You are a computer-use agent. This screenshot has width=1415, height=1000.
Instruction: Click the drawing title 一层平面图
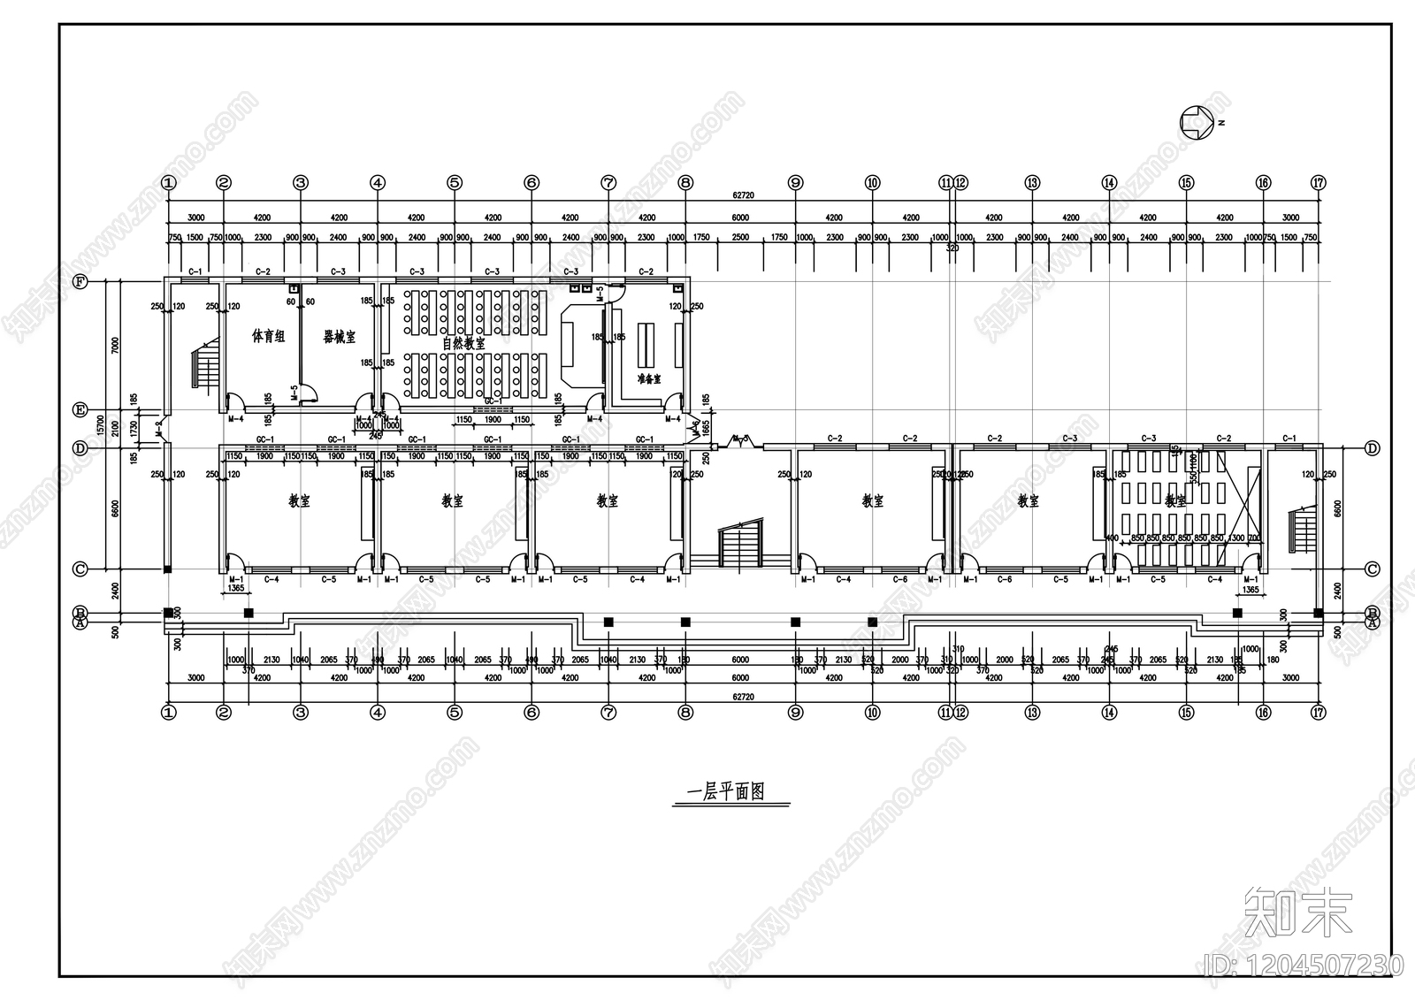tap(731, 792)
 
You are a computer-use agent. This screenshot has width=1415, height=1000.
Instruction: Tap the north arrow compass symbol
tap(1196, 122)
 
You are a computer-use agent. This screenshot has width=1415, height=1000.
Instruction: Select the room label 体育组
tap(268, 337)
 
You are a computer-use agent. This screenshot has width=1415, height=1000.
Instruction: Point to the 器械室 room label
tap(339, 337)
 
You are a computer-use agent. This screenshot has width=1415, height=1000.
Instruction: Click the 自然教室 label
tap(463, 343)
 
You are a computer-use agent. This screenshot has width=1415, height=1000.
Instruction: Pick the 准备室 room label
tap(649, 378)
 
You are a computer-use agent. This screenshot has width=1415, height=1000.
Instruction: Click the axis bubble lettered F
tap(80, 282)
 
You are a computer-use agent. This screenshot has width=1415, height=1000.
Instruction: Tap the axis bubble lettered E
tap(80, 411)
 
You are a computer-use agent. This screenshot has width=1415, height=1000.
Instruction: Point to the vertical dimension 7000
tap(115, 344)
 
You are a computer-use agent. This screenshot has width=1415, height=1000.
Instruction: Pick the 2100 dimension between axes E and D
tap(115, 429)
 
